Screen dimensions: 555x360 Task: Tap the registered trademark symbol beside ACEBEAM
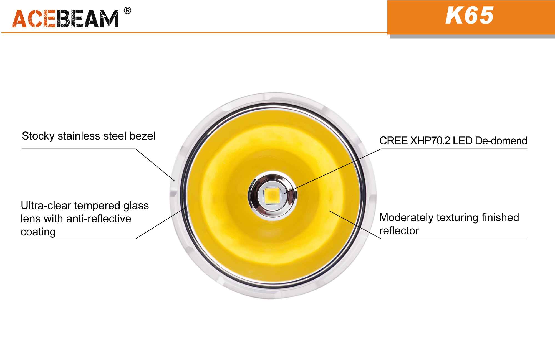tap(127, 11)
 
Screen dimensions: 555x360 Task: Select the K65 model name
tap(470, 16)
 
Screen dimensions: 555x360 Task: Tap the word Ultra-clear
tap(46, 206)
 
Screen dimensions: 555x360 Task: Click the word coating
tap(38, 232)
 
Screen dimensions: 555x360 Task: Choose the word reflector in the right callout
tap(399, 231)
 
